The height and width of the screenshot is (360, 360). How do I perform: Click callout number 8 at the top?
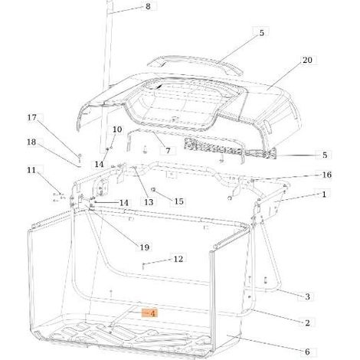pos(148,6)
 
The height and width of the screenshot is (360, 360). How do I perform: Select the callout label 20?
pos(307,60)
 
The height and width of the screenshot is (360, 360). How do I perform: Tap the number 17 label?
pos(32,118)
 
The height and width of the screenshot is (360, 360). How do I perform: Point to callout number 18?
pos(31,142)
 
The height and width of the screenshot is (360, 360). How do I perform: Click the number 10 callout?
pos(117,129)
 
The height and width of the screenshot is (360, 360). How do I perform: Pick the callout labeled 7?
pos(168,151)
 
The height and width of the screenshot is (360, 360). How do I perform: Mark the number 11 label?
pos(31,170)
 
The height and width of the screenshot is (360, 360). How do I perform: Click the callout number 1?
pos(324,195)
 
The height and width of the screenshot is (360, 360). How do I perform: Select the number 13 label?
pos(149,202)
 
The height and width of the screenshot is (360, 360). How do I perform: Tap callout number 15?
pos(178,201)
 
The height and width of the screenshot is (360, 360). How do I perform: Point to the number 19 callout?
pos(144,247)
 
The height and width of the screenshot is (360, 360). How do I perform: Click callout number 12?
pos(178,259)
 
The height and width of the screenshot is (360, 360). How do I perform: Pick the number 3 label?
pos(307,296)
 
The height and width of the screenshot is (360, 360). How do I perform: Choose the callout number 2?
pos(307,323)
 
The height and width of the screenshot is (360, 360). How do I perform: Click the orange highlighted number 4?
pos(152,313)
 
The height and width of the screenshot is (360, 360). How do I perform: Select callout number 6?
pos(307,352)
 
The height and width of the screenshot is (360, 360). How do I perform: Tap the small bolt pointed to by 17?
pos(80,158)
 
